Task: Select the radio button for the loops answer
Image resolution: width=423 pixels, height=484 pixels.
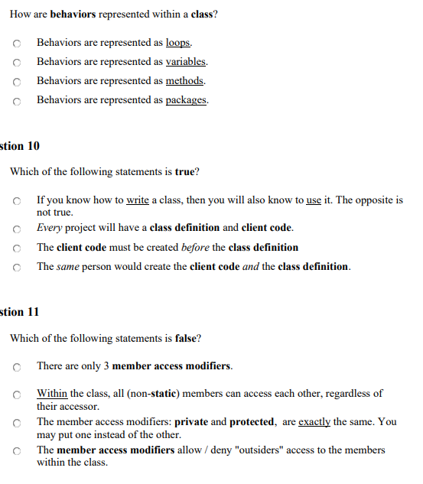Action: [x=16, y=44]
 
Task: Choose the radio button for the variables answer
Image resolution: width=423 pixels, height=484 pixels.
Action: [x=16, y=63]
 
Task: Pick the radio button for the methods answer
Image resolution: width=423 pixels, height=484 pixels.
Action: [x=16, y=82]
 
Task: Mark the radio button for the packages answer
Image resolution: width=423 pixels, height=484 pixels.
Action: [x=16, y=101]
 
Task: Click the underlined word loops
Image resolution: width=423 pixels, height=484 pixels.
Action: [x=178, y=43]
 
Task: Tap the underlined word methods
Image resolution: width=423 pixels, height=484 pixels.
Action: [x=185, y=81]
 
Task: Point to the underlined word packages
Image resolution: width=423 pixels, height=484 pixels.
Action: [x=187, y=100]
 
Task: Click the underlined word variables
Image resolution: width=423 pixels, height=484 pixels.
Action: [x=186, y=62]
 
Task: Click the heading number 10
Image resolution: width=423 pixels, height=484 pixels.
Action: [x=32, y=145]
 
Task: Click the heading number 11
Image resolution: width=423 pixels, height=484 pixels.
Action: [x=32, y=311]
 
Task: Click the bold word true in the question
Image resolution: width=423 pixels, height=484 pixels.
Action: [x=184, y=172]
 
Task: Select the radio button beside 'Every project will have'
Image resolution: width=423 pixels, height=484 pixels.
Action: [x=16, y=229]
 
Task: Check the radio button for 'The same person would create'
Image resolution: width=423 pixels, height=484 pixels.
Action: [x=16, y=267]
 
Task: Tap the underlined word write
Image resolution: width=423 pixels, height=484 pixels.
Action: [x=137, y=200]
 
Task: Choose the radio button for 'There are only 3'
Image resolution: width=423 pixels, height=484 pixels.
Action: [x=16, y=367]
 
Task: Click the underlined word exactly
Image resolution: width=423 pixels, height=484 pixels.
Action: [x=314, y=421]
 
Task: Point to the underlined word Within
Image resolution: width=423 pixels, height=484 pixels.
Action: [x=52, y=393]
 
